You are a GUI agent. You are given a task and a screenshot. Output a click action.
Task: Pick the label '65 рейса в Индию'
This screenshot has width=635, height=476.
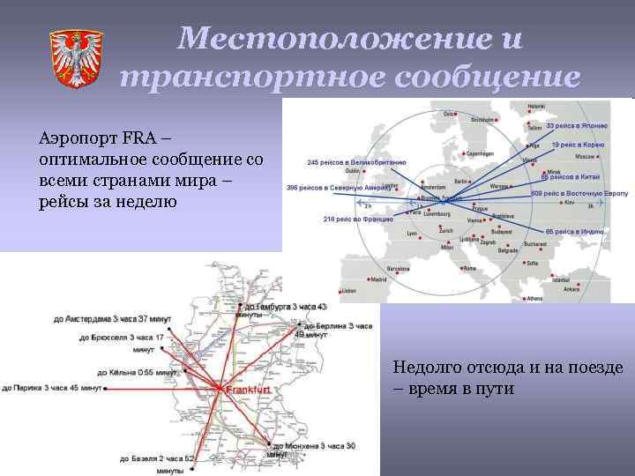574,231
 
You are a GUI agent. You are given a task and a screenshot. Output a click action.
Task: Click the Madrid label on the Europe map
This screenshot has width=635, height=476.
380,279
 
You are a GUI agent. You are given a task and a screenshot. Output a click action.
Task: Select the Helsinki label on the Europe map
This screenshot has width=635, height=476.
537,107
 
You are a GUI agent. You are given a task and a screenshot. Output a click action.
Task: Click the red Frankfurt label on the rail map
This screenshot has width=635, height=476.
249,390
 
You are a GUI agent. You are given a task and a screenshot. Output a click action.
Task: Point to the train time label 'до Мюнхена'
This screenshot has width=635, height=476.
312,447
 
